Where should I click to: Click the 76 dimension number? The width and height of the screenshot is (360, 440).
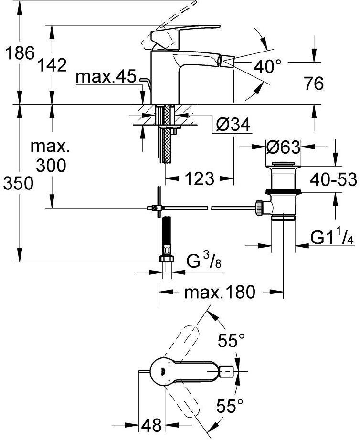pyautogui.click(x=313, y=84)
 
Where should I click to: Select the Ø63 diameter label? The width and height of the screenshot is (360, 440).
pyautogui.click(x=283, y=147)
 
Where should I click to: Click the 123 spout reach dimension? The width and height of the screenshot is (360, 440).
pyautogui.click(x=198, y=179)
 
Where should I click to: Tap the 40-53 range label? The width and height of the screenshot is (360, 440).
pyautogui.click(x=333, y=179)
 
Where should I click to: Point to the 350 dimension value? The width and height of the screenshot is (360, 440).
pyautogui.click(x=18, y=183)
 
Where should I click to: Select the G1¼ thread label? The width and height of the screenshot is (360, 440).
pyautogui.click(x=332, y=238)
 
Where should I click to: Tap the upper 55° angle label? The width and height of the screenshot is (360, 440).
pyautogui.click(x=231, y=341)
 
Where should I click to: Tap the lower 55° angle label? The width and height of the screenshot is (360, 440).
pyautogui.click(x=231, y=407)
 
